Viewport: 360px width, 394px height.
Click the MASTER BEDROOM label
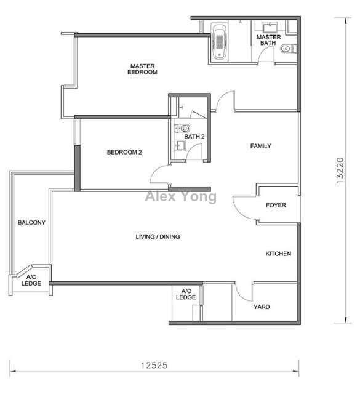(x=142, y=69)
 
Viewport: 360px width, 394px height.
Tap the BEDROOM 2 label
(x=124, y=152)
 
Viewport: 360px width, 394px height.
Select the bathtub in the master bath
(x=219, y=41)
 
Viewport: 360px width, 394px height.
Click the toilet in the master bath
(x=287, y=49)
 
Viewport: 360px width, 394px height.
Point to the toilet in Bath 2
(x=183, y=129)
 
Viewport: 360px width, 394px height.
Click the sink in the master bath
(x=270, y=27)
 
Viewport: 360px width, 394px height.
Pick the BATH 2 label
(x=194, y=137)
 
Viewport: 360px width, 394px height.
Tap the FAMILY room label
(x=260, y=146)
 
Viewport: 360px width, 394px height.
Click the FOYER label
(x=276, y=205)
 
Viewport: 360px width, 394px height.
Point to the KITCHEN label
(x=278, y=254)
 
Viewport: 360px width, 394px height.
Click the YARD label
(x=262, y=307)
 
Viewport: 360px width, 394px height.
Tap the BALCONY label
(x=31, y=222)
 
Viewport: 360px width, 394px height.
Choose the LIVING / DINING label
(x=158, y=236)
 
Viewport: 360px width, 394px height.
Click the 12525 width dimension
(x=154, y=365)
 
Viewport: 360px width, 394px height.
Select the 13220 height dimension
(x=340, y=171)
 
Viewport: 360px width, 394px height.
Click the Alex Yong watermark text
(x=181, y=196)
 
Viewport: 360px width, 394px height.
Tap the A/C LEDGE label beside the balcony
(x=31, y=280)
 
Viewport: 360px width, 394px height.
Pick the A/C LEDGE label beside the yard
(x=186, y=294)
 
